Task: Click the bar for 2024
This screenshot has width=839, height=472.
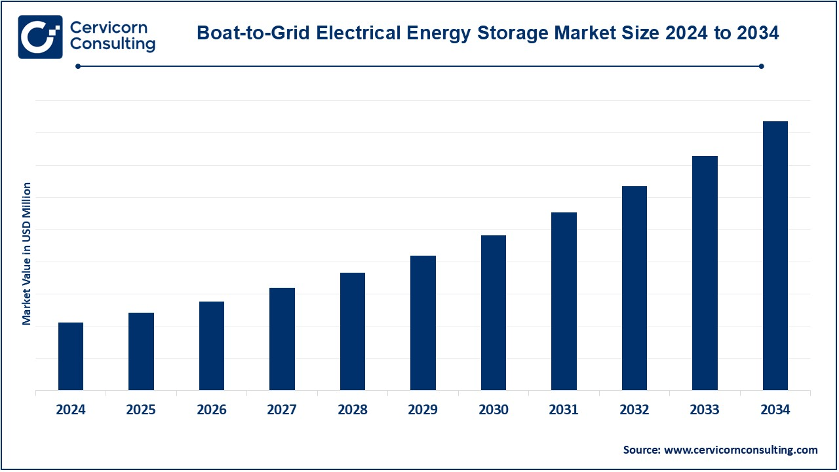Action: click(x=71, y=356)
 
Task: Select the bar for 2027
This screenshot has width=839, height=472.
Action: click(x=282, y=338)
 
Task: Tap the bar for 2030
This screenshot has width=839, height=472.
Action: click(x=494, y=312)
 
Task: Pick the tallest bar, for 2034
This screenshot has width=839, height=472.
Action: click(x=775, y=256)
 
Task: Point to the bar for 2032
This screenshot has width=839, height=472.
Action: click(x=634, y=288)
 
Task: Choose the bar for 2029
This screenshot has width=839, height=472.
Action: click(x=423, y=323)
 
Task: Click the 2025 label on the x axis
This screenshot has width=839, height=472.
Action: click(x=141, y=410)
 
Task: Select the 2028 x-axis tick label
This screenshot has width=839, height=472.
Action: click(x=353, y=410)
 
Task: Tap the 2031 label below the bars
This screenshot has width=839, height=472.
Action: click(x=564, y=410)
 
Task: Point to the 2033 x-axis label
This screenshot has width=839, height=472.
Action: click(x=705, y=410)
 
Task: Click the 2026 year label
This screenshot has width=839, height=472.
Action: click(x=212, y=410)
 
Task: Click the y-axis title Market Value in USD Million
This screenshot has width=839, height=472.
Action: click(x=27, y=254)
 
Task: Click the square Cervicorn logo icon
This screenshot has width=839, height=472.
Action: click(x=40, y=37)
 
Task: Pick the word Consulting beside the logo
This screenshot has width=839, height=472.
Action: click(x=112, y=45)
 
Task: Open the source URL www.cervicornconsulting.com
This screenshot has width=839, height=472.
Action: click(x=741, y=450)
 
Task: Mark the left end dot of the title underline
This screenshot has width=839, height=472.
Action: click(x=78, y=66)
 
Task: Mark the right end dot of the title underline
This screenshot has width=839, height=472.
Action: click(x=761, y=66)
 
